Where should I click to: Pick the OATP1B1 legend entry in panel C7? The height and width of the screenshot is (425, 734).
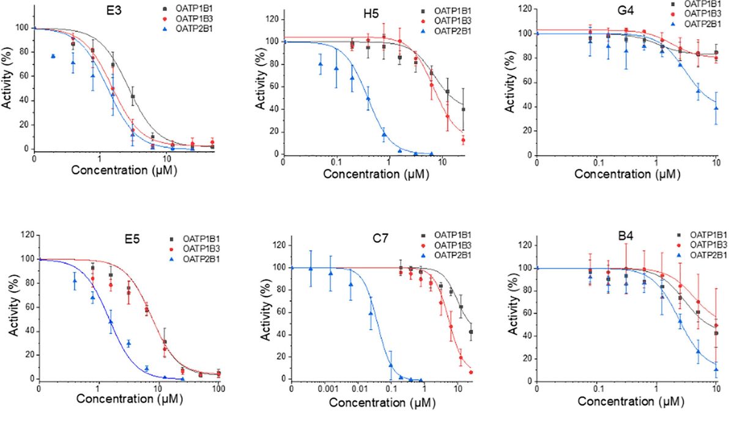(x=453, y=235)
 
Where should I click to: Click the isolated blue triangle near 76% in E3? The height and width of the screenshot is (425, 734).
(x=53, y=56)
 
